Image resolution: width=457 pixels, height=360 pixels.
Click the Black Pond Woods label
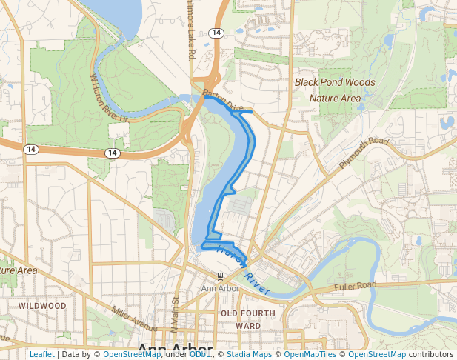pos(335,82)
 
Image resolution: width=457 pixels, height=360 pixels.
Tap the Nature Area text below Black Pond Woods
pos(335,98)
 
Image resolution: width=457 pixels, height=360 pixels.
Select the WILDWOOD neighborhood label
pos(42,305)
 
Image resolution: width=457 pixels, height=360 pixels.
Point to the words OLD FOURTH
pos(248,313)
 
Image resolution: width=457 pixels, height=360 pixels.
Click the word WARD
pos(248,325)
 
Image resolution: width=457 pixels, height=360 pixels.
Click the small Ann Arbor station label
pos(220,288)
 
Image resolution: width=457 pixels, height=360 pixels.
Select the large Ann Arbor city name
pos(176,350)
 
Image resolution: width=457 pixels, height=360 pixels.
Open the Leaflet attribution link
pos(42,354)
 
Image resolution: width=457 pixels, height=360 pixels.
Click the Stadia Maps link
pos(249,354)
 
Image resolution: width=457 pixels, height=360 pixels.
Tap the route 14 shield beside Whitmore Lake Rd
pos(216,33)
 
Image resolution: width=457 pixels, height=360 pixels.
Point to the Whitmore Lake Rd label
pos(191,37)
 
